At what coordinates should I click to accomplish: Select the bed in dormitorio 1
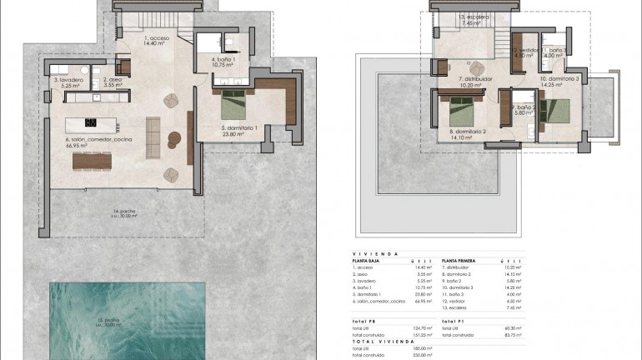point(232,107)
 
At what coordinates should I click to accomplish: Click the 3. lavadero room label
point(67,80)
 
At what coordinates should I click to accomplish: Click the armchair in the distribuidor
point(475,68)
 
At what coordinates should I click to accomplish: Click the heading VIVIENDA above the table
point(374,253)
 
